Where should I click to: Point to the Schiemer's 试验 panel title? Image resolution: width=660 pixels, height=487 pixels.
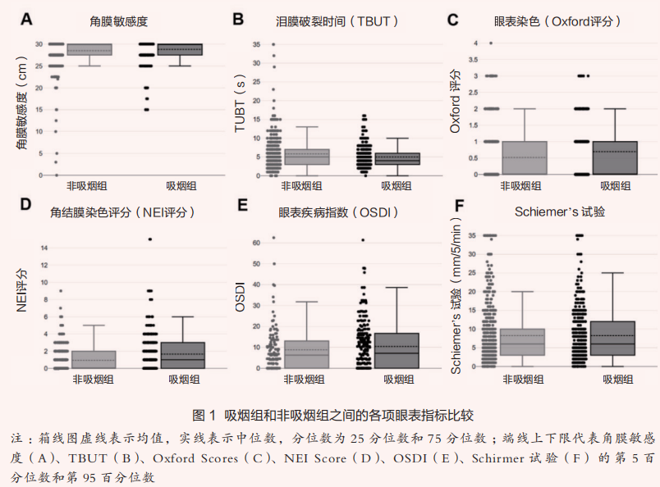click(560, 212)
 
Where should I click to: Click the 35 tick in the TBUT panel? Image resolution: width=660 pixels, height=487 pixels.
click(256, 44)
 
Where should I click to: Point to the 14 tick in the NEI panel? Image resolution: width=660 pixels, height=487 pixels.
click(45, 248)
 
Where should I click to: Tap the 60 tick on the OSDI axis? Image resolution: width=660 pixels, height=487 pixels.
click(255, 243)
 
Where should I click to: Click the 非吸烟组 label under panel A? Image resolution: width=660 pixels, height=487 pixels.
click(88, 185)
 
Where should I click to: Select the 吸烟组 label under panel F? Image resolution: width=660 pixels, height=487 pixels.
click(617, 378)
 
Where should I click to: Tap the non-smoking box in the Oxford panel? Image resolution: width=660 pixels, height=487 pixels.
click(524, 157)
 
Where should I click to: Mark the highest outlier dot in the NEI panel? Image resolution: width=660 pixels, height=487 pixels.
click(149, 239)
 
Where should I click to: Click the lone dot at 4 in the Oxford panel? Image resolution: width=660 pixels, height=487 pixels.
click(491, 43)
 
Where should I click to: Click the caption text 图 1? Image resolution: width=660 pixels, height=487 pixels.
click(203, 414)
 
